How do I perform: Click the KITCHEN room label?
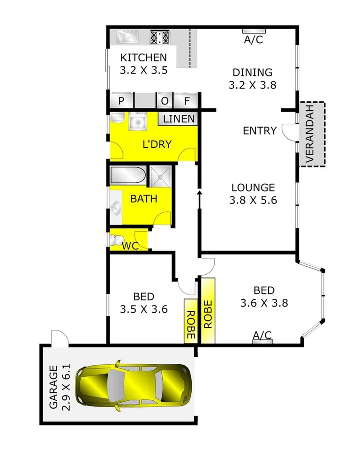coord(143,58)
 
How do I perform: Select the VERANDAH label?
coord(311,135)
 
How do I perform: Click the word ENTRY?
coord(260,131)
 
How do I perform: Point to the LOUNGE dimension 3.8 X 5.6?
coord(253,201)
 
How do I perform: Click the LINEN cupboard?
coord(179,119)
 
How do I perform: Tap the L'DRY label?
coord(157,144)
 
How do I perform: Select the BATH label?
coord(143,198)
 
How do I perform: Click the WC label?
coord(130,246)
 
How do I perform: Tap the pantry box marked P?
coord(121,101)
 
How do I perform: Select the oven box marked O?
coord(165,101)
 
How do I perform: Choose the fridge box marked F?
coord(186,101)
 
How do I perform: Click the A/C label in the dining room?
coord(254,40)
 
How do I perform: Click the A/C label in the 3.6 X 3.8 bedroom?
coord(262,335)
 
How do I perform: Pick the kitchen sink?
coord(127,37)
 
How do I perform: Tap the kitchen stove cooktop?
coord(159,37)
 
